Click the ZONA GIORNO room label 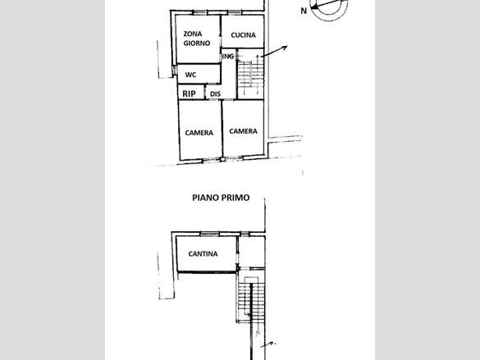[197, 39]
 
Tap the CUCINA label [244, 35]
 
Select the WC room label [190, 75]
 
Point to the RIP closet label [189, 93]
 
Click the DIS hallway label [215, 94]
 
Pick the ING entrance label [228, 57]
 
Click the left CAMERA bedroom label [199, 133]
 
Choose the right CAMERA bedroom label [244, 131]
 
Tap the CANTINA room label [203, 254]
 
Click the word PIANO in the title [205, 198]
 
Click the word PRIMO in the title [235, 198]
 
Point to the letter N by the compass [304, 11]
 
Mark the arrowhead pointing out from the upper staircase [285, 48]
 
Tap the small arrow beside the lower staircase [268, 344]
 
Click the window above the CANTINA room [210, 235]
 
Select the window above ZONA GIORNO [199, 12]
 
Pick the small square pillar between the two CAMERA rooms [223, 159]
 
